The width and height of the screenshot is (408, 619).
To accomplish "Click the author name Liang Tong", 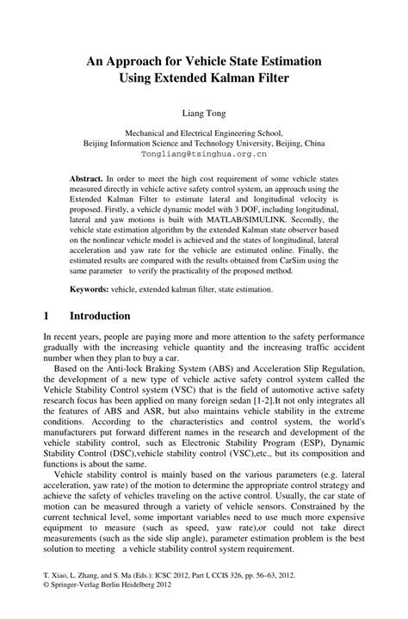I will (204, 112).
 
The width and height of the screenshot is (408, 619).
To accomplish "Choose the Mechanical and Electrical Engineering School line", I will (204, 134).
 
